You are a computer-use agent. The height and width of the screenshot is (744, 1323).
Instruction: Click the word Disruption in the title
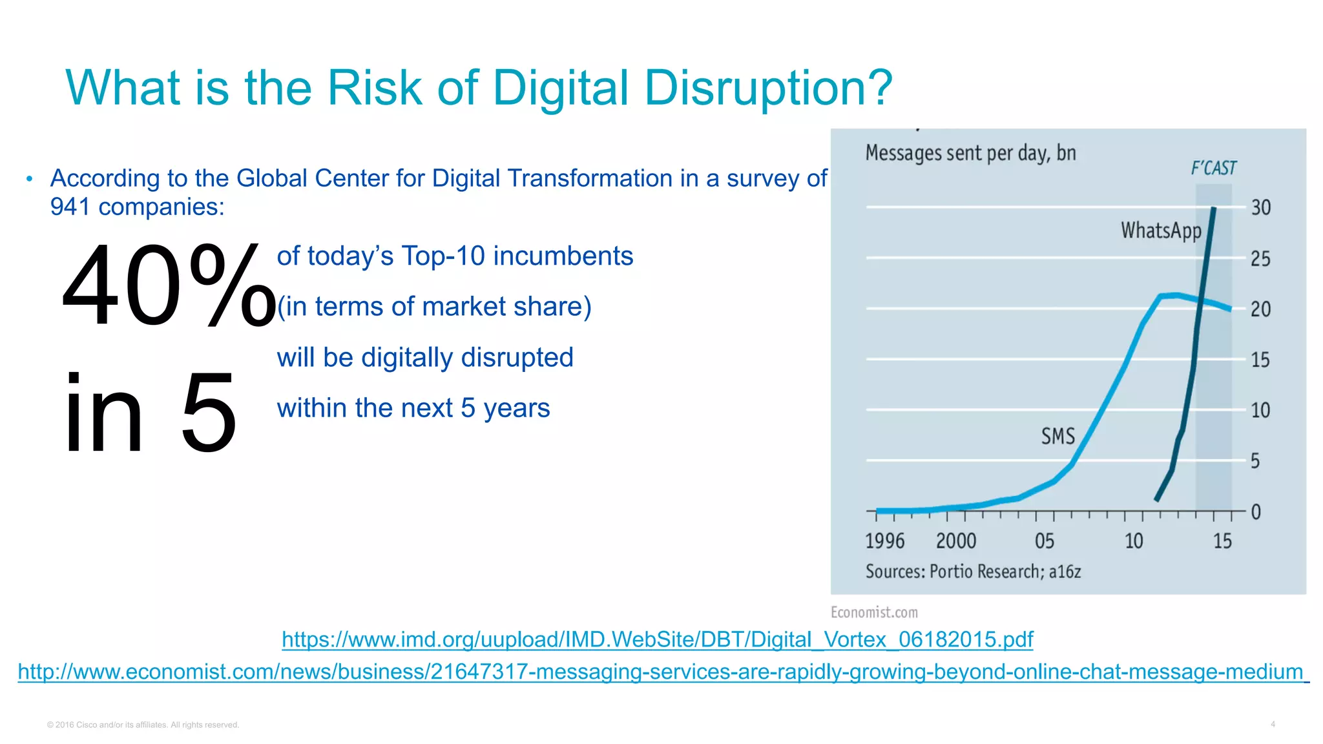point(767,88)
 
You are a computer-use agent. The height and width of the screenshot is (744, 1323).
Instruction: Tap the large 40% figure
point(168,285)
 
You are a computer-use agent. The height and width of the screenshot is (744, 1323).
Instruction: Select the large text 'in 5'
point(150,413)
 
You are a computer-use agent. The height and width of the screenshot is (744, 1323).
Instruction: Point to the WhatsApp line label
point(1161,231)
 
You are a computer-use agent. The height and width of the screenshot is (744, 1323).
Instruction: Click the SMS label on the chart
point(1057,437)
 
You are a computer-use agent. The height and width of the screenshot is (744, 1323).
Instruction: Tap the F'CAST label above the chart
point(1213,169)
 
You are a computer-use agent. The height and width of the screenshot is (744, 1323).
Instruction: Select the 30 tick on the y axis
point(1260,208)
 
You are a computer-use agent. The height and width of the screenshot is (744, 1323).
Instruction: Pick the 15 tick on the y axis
point(1260,360)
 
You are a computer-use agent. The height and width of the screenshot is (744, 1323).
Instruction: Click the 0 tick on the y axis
point(1256,512)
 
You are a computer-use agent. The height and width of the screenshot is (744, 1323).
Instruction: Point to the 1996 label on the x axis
point(884,541)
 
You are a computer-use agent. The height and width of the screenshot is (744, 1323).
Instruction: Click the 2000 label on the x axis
point(956,541)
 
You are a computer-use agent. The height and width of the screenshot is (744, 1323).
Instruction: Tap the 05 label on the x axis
point(1044,541)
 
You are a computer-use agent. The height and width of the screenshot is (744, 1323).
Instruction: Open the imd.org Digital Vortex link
point(657,640)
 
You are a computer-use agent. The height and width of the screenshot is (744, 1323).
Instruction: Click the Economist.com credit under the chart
point(873,612)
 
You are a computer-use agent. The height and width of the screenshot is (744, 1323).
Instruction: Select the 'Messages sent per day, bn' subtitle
point(970,153)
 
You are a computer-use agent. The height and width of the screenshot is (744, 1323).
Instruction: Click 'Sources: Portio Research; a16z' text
point(973,572)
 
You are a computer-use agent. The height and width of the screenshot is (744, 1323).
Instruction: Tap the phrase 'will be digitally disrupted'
point(424,358)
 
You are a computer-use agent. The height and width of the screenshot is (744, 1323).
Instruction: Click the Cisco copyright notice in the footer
point(143,725)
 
